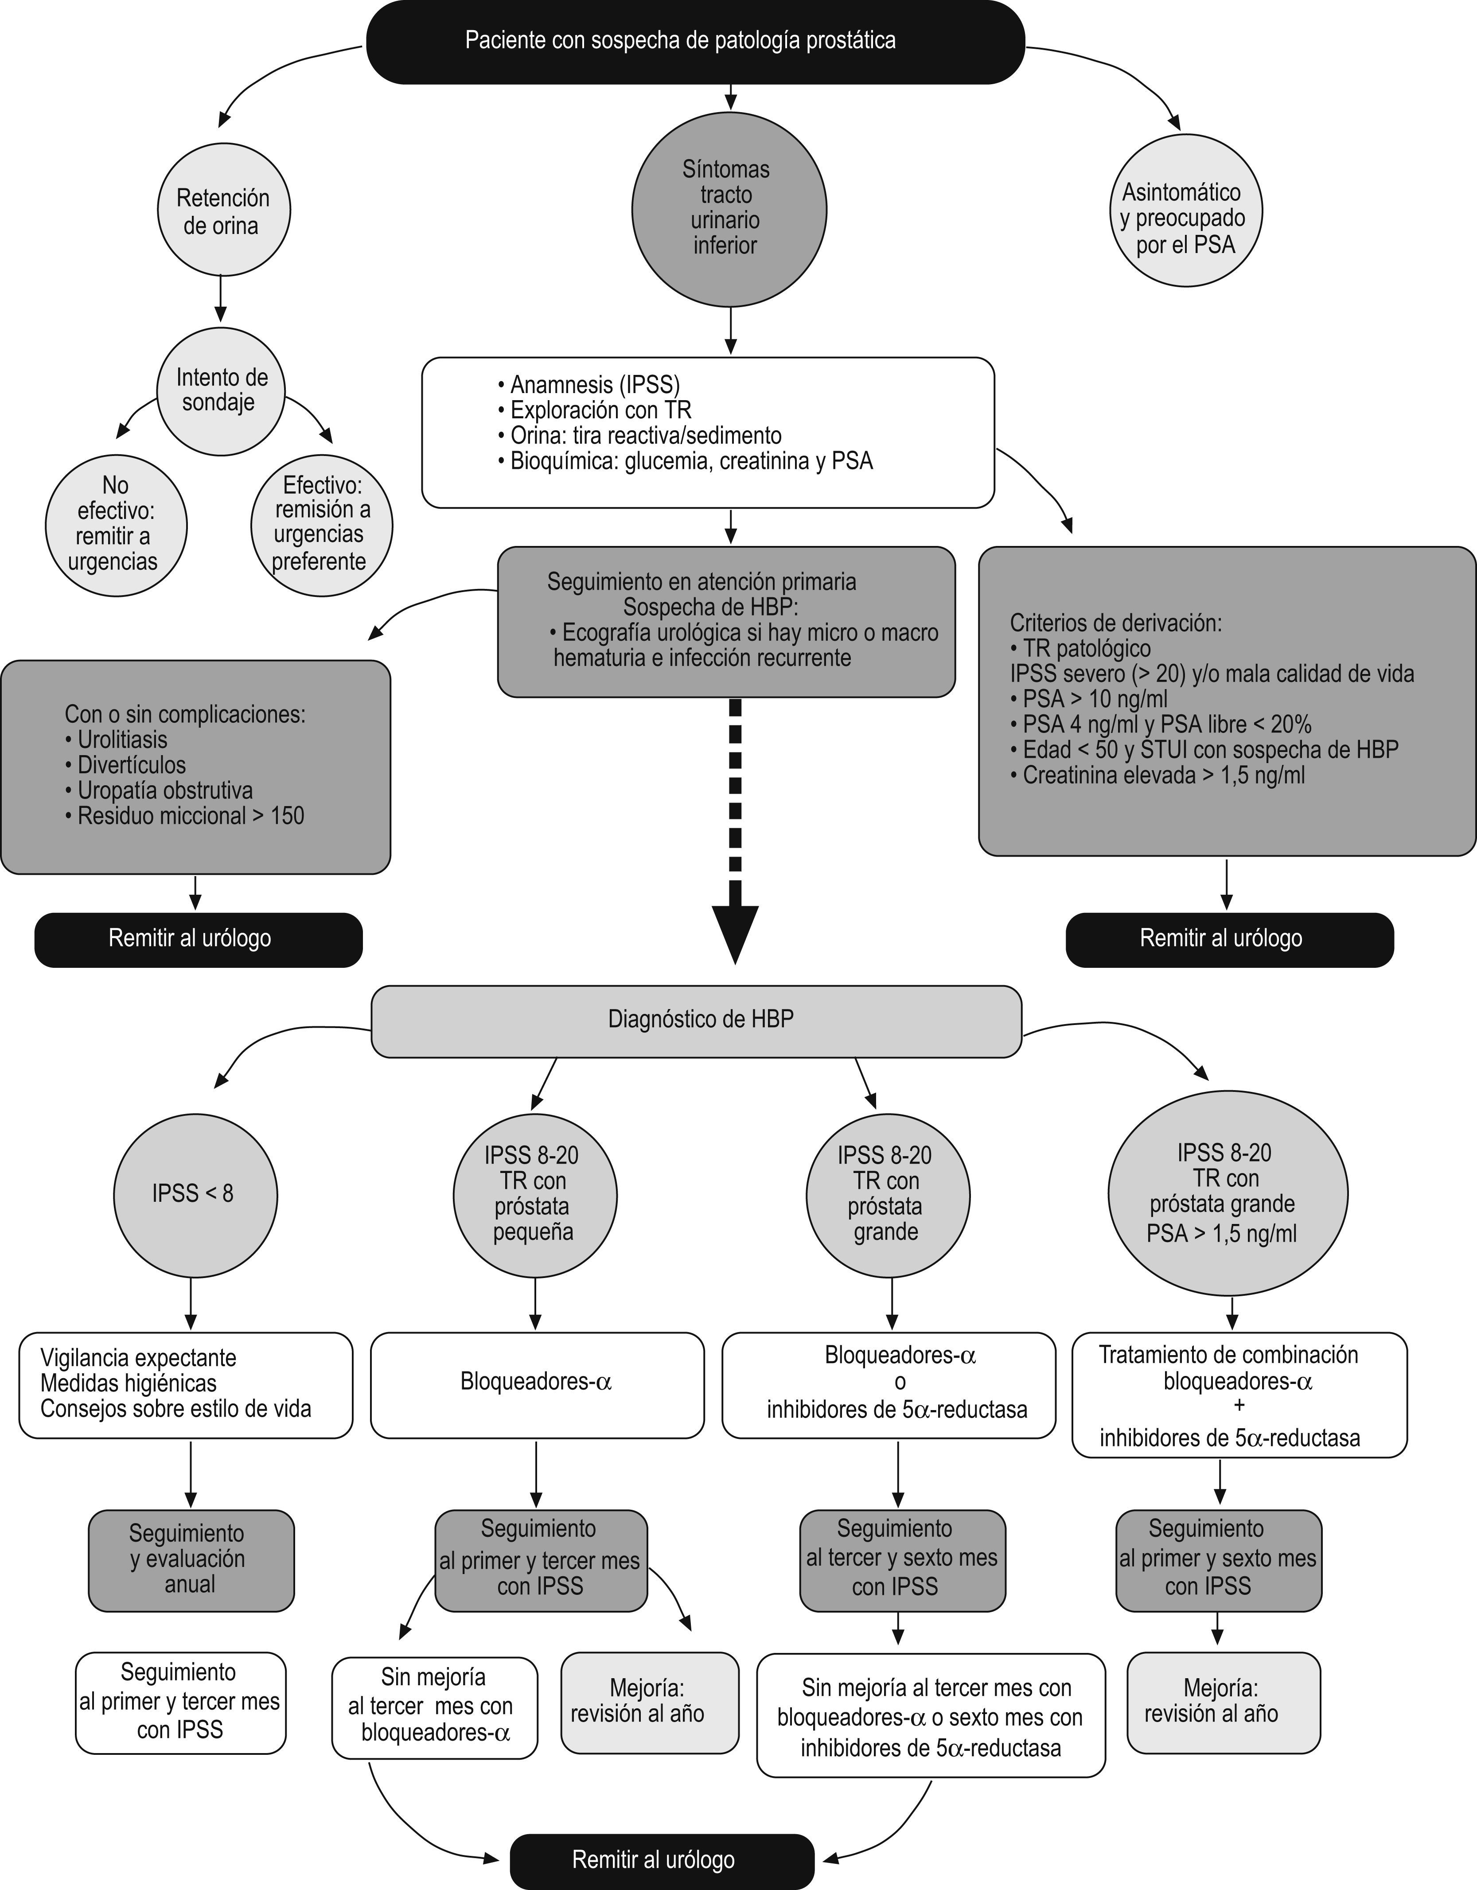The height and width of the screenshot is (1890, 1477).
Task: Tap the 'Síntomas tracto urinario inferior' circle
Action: tap(729, 209)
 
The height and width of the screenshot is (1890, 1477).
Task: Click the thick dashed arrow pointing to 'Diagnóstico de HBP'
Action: tap(735, 831)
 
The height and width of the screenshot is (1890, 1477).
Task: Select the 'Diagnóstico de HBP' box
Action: tap(697, 1020)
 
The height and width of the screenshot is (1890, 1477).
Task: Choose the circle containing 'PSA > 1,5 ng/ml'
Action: tap(1227, 1193)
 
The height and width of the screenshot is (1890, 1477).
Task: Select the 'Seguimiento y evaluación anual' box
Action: tap(191, 1560)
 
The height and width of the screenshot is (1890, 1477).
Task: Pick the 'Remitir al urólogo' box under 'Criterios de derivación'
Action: tap(1229, 939)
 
